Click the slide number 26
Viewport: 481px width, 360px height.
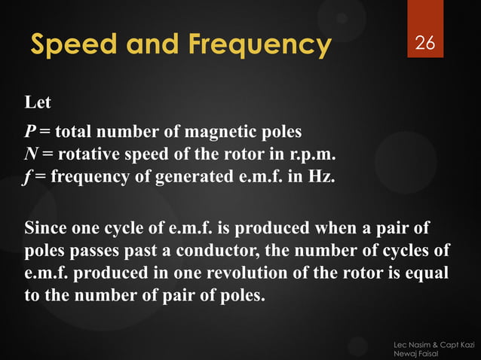click(425, 44)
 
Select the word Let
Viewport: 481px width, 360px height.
click(38, 102)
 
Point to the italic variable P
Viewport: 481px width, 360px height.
click(29, 133)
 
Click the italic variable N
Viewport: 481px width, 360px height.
click(30, 155)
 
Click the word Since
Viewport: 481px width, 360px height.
click(47, 227)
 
